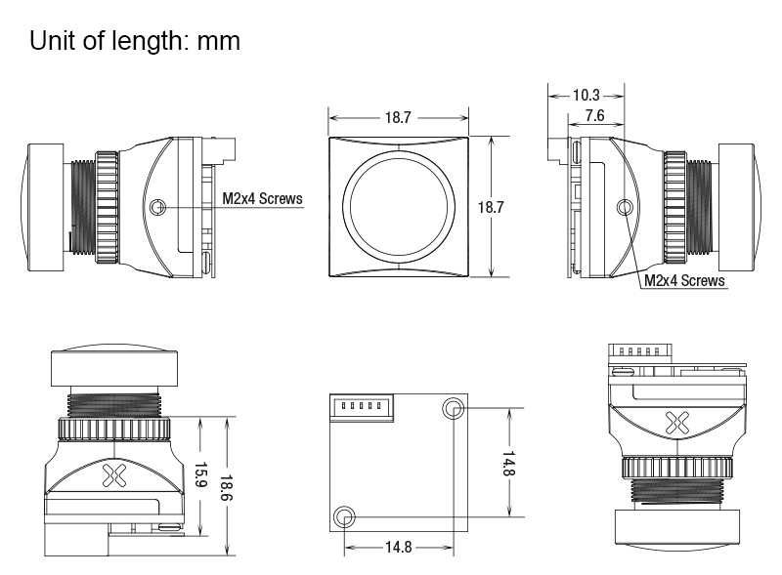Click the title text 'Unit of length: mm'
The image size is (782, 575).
(x=135, y=41)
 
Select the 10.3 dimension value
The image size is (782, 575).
(x=586, y=95)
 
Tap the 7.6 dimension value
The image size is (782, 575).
(x=594, y=115)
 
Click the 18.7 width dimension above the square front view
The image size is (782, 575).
(x=398, y=117)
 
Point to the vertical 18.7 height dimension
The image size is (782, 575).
(x=491, y=207)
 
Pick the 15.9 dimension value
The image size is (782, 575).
(x=200, y=475)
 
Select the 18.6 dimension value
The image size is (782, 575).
(x=227, y=488)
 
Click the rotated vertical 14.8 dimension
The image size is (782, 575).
(x=508, y=464)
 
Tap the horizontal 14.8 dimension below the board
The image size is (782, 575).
(x=399, y=547)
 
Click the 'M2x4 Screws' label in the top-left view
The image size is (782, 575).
(x=262, y=198)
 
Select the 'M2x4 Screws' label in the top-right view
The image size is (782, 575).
(x=684, y=280)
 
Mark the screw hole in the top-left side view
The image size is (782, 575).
(x=157, y=206)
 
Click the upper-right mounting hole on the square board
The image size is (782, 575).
(x=453, y=409)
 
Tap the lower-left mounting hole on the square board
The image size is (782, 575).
(x=344, y=516)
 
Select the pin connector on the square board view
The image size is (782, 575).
(x=362, y=408)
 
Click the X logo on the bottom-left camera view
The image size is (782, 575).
(x=114, y=475)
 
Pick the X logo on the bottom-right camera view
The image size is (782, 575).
(x=677, y=423)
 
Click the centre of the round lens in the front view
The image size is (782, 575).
(x=399, y=206)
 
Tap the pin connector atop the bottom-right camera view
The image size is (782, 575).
(x=640, y=353)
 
